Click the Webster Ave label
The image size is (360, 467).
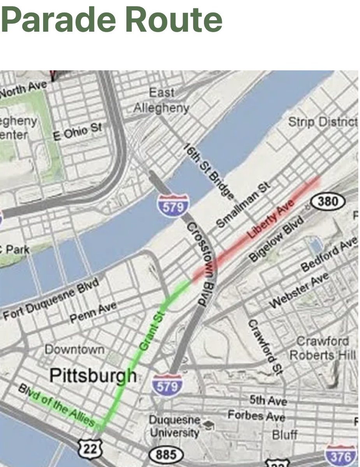coord(299,290)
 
